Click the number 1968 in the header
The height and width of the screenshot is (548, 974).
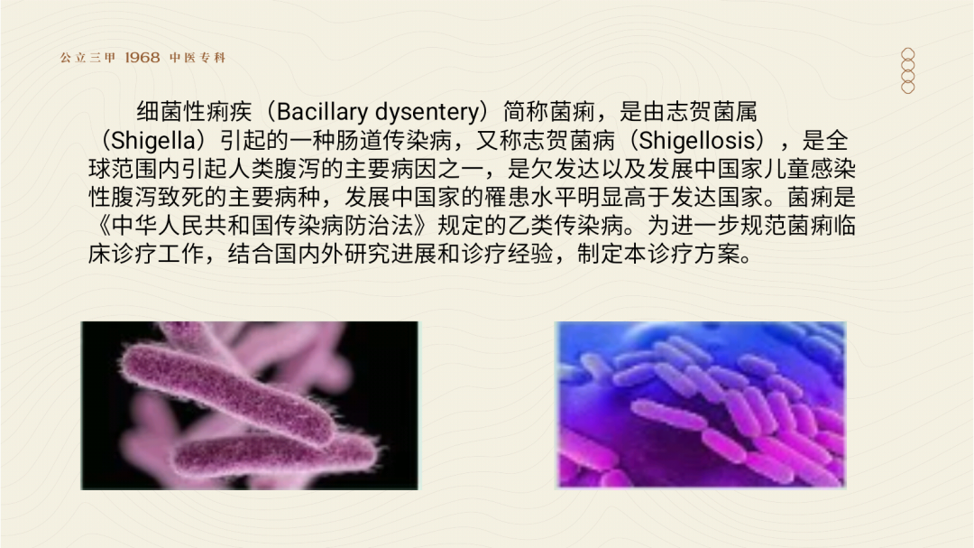pyautogui.click(x=142, y=58)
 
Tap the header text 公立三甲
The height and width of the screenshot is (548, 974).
pyautogui.click(x=87, y=58)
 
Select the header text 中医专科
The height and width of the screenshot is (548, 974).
pyautogui.click(x=198, y=58)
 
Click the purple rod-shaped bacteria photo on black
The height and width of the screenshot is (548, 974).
pyautogui.click(x=249, y=405)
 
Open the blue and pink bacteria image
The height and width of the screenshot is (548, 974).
pyautogui.click(x=701, y=404)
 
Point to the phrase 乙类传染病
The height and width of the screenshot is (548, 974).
pyautogui.click(x=565, y=225)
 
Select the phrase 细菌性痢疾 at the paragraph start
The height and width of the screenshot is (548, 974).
pyautogui.click(x=195, y=113)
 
